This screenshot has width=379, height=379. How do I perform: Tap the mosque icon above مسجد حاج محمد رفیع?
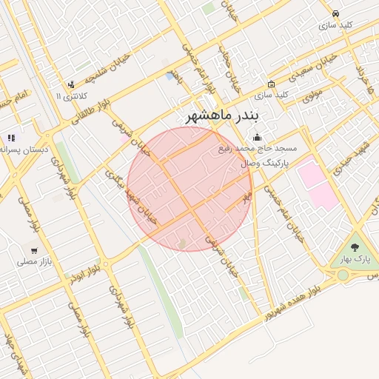[x=257, y=137]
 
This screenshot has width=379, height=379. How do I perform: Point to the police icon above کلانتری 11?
[x=71, y=84]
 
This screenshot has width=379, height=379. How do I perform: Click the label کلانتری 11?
[x=72, y=96]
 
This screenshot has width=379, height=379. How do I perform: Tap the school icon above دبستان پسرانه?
[x=10, y=138]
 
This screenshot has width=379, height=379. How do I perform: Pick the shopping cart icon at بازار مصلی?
[x=34, y=250]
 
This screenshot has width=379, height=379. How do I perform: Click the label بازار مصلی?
[x=34, y=261]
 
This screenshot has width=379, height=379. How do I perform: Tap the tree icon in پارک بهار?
[x=355, y=247]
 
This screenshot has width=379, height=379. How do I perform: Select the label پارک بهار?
[x=355, y=259]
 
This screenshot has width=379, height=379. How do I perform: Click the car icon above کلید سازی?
[x=335, y=13]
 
